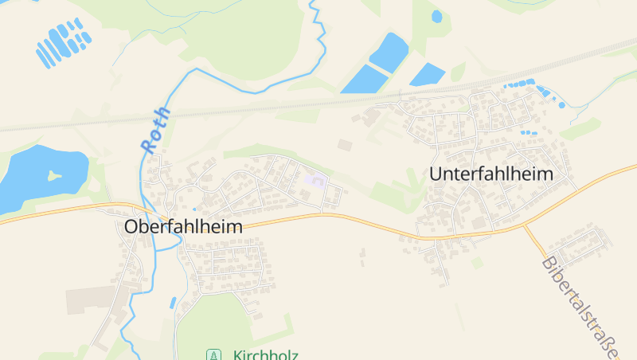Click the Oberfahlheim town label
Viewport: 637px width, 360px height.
(183, 226)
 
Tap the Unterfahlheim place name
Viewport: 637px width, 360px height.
(490, 174)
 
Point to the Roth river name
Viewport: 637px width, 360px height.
(155, 129)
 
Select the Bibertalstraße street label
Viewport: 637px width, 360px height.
(581, 307)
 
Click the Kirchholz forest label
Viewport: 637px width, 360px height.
(266, 354)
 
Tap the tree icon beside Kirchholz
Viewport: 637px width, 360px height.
(213, 354)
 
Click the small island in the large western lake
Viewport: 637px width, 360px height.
(54, 175)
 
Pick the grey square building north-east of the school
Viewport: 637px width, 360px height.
(344, 145)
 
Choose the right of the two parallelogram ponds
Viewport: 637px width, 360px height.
(428, 75)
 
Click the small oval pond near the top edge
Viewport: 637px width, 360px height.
(436, 16)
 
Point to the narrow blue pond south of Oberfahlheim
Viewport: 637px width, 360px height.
(173, 303)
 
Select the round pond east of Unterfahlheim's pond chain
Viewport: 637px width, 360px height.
(561, 104)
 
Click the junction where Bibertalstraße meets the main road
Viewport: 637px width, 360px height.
(524, 225)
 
